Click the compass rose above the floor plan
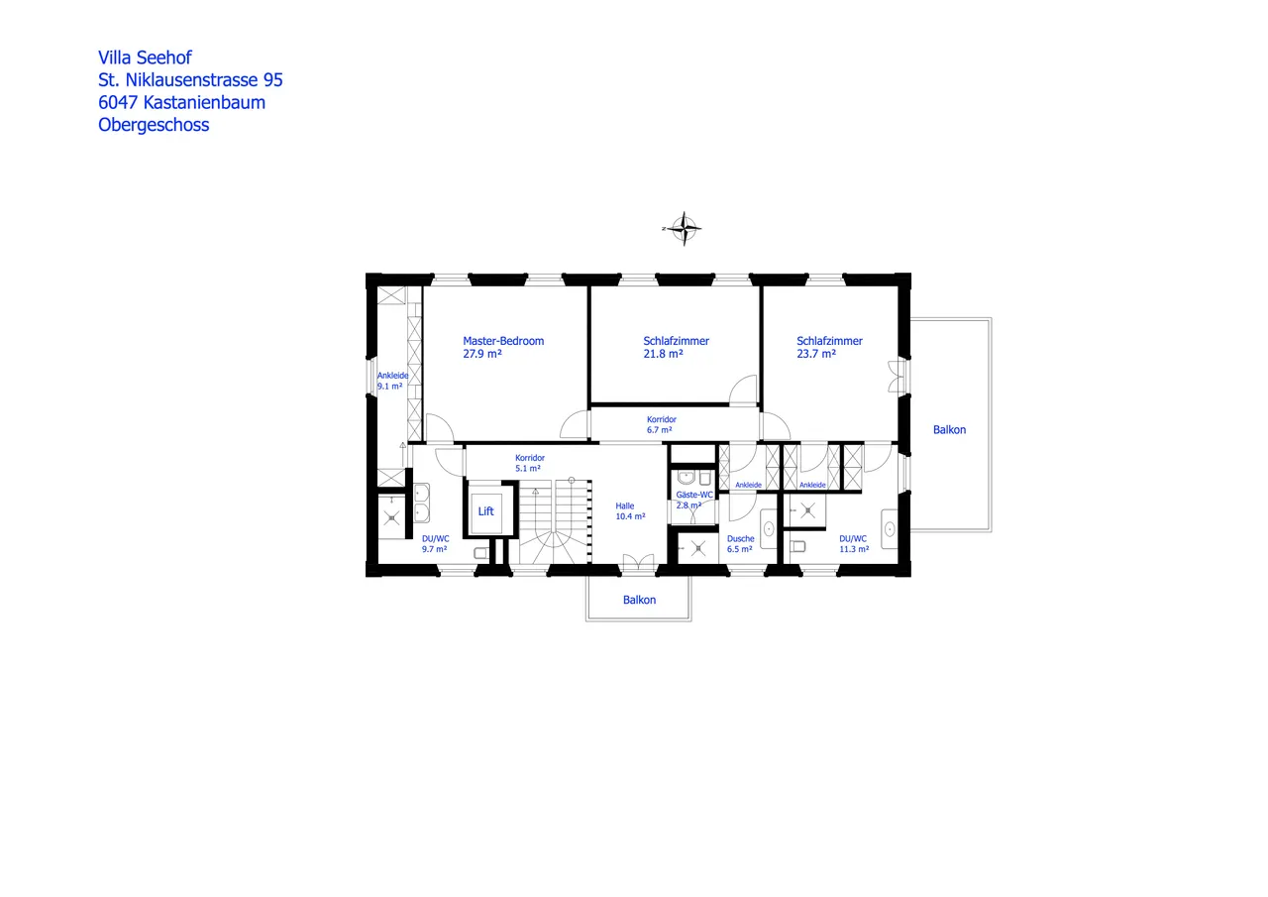point(684,228)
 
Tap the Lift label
point(485,511)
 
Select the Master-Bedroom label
point(503,341)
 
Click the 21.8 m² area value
point(663,354)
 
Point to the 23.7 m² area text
point(816,354)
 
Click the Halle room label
point(624,505)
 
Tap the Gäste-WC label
point(694,495)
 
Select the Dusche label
point(740,539)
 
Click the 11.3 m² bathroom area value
point(853,548)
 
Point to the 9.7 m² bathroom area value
point(435,548)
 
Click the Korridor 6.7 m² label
point(661,425)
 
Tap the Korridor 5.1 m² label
point(529,463)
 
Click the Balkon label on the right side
point(949,430)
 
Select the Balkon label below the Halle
point(639,600)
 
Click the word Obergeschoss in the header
point(154,125)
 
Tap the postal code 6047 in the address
point(118,102)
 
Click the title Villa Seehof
point(145,57)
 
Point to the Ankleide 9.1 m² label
point(392,381)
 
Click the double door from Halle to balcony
point(639,564)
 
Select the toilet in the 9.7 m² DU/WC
point(480,553)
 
